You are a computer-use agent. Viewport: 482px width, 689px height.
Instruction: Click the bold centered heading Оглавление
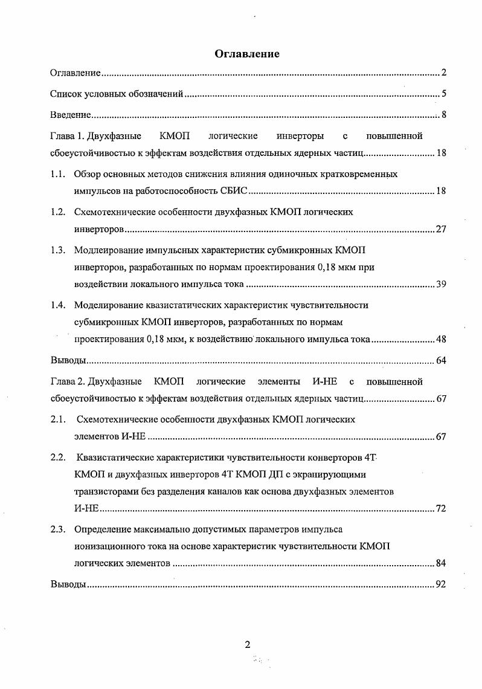coord(247,54)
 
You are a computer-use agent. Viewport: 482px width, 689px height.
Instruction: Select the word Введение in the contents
coord(70,115)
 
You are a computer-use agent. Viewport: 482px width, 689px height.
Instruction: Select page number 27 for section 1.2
coord(440,230)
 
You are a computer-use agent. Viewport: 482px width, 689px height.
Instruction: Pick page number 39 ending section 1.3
coord(440,284)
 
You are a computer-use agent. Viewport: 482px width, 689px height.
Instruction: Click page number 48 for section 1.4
coord(440,339)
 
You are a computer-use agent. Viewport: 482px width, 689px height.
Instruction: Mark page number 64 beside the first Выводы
coord(440,361)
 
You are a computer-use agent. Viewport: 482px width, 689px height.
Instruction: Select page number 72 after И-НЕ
coord(440,508)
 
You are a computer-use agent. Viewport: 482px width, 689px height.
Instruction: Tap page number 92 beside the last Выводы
coord(440,585)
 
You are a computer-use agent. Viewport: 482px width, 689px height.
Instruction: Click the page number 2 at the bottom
coord(247,644)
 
